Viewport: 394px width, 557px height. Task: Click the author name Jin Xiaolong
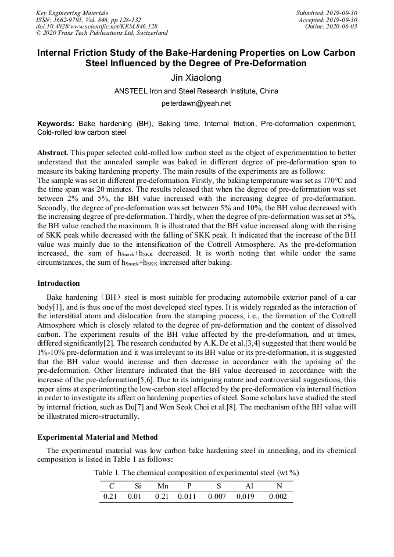coord(196,78)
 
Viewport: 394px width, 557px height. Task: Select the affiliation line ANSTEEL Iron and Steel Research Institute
coord(196,91)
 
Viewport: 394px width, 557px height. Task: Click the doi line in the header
coord(96,27)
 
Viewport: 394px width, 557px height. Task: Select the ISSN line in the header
coord(88,20)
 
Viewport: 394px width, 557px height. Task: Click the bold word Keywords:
coord(56,124)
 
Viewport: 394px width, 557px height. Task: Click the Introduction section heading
coord(59,283)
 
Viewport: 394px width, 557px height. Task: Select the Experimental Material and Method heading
coord(96,437)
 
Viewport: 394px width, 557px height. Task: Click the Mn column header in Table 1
coord(163,486)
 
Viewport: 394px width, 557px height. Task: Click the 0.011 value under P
coord(187,497)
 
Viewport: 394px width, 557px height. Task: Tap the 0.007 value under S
coord(217,497)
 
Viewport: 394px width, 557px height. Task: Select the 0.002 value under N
coord(278,497)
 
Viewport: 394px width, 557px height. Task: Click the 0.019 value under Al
coord(245,497)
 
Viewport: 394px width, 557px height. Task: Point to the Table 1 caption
coord(196,473)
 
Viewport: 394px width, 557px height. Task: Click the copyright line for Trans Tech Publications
coord(102,34)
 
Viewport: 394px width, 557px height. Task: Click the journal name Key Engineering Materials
coord(73,13)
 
